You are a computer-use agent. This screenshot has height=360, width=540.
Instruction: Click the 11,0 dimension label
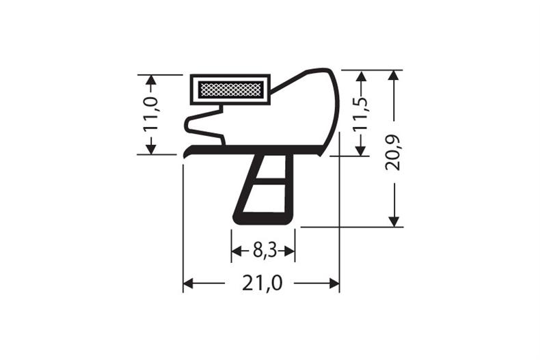pyautogui.click(x=151, y=113)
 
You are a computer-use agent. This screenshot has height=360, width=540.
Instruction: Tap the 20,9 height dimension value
pyautogui.click(x=394, y=153)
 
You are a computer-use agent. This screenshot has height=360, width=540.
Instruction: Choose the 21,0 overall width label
pyautogui.click(x=262, y=283)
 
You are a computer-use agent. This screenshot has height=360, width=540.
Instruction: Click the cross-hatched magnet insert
pyautogui.click(x=230, y=89)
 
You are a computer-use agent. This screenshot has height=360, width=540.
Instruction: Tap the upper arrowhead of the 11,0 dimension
pyautogui.click(x=151, y=80)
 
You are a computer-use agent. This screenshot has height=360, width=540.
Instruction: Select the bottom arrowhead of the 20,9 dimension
pyautogui.click(x=394, y=221)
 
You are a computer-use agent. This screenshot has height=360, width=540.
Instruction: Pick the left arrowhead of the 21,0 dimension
pyautogui.click(x=189, y=283)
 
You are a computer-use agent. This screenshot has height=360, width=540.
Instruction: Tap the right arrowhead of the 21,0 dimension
pyautogui.click(x=334, y=283)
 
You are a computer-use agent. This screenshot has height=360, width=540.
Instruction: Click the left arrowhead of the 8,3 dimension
pyautogui.click(x=237, y=252)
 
